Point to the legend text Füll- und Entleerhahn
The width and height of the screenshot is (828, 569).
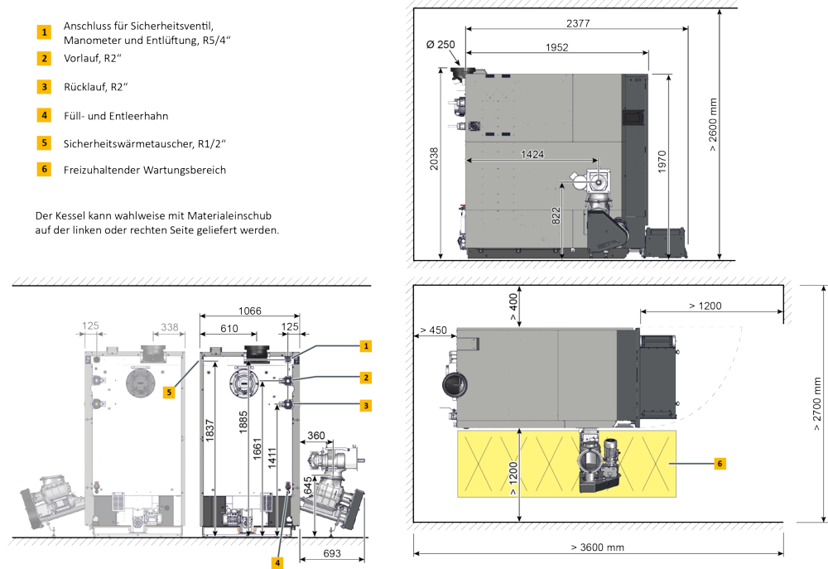point(115,115)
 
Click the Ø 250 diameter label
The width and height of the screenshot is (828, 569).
point(440,44)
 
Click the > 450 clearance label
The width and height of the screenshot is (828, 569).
point(433,330)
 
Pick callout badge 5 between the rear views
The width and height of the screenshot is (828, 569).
point(168,392)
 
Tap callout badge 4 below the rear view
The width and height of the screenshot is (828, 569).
point(278,561)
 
